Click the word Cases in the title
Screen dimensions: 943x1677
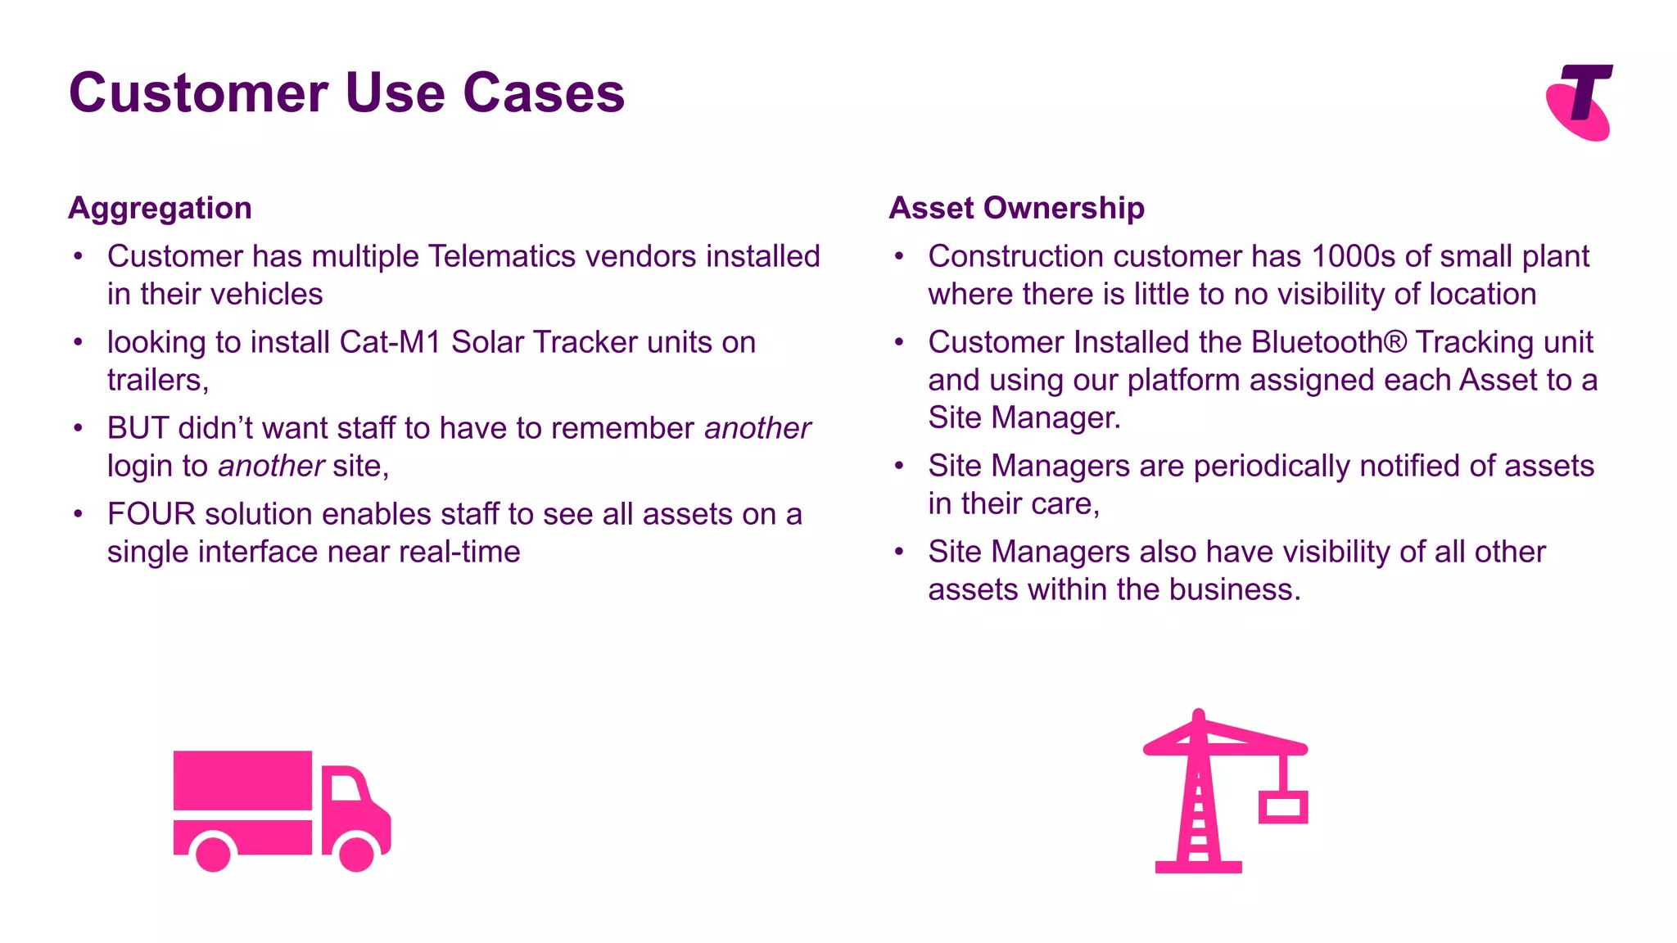point(544,92)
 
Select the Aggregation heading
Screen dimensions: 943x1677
point(160,208)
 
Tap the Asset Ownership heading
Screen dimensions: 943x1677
point(1016,208)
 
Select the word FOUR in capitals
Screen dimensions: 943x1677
point(151,514)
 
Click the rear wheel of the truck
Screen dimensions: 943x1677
point(214,853)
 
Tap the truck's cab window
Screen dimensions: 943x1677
point(345,787)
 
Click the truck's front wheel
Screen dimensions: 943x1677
point(357,853)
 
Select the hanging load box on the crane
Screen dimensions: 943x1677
point(1283,807)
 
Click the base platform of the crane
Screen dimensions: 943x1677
point(1198,867)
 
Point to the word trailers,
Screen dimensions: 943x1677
point(158,380)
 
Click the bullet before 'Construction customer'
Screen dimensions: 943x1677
point(899,257)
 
